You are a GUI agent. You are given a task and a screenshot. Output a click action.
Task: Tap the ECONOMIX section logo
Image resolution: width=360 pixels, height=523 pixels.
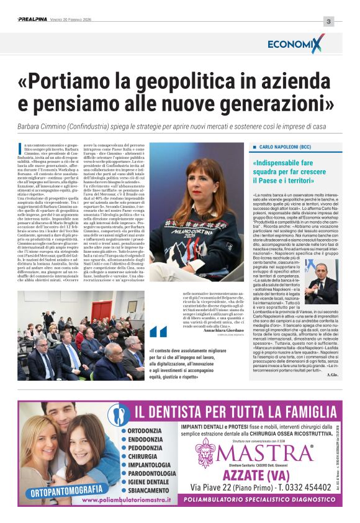point(296,43)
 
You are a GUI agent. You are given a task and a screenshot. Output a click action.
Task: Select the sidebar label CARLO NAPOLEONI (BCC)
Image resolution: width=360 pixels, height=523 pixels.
point(285,147)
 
